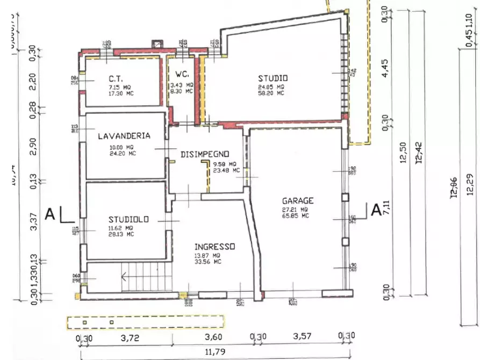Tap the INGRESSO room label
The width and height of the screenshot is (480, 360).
click(x=214, y=246)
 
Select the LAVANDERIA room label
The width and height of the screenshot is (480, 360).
click(x=124, y=136)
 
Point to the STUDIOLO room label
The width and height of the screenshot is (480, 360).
click(x=128, y=219)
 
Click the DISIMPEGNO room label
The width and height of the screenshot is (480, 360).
click(x=205, y=154)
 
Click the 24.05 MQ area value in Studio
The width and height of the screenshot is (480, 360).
click(x=273, y=87)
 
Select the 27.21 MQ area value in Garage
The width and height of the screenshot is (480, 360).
click(x=296, y=210)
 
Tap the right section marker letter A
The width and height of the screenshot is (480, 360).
click(x=377, y=209)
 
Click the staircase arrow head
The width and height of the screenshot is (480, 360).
click(x=125, y=278)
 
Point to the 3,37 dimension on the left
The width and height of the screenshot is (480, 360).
click(x=34, y=224)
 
